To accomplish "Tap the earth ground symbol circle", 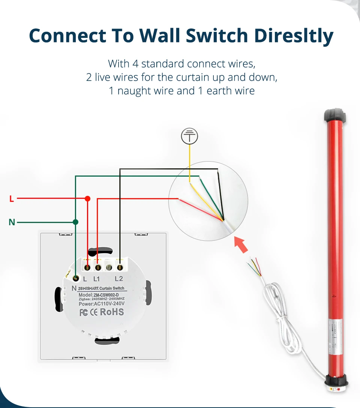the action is pos(189,136).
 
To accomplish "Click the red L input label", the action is pos(12,199).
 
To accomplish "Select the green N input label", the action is pos(12,222).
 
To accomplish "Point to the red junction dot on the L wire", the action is pos(87,198).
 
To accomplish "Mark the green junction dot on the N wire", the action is pos(75,222).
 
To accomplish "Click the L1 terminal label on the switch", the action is pos(96,279).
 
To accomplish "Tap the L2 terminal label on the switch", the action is pos(119,279).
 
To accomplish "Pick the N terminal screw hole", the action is pos(76,278).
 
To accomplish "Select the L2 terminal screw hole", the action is pos(120,268).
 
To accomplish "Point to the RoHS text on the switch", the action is pos(111,312).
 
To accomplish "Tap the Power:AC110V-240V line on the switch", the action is pos(102,304).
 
